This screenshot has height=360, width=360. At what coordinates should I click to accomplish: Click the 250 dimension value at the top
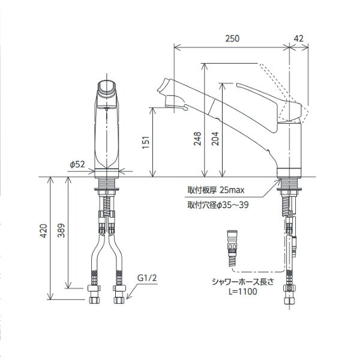[232, 38]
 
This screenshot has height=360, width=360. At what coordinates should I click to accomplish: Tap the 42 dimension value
[298, 38]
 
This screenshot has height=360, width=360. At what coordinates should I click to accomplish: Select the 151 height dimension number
[146, 142]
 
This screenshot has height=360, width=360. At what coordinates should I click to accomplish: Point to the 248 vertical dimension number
[197, 139]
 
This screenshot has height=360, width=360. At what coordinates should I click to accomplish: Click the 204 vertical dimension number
[215, 139]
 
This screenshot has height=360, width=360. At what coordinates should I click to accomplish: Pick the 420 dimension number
[43, 231]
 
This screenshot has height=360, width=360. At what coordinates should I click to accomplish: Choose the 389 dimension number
[61, 230]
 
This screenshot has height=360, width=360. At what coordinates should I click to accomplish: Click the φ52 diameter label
[77, 164]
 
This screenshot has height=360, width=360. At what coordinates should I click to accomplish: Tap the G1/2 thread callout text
[147, 278]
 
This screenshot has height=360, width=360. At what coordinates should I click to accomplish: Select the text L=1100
[242, 292]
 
